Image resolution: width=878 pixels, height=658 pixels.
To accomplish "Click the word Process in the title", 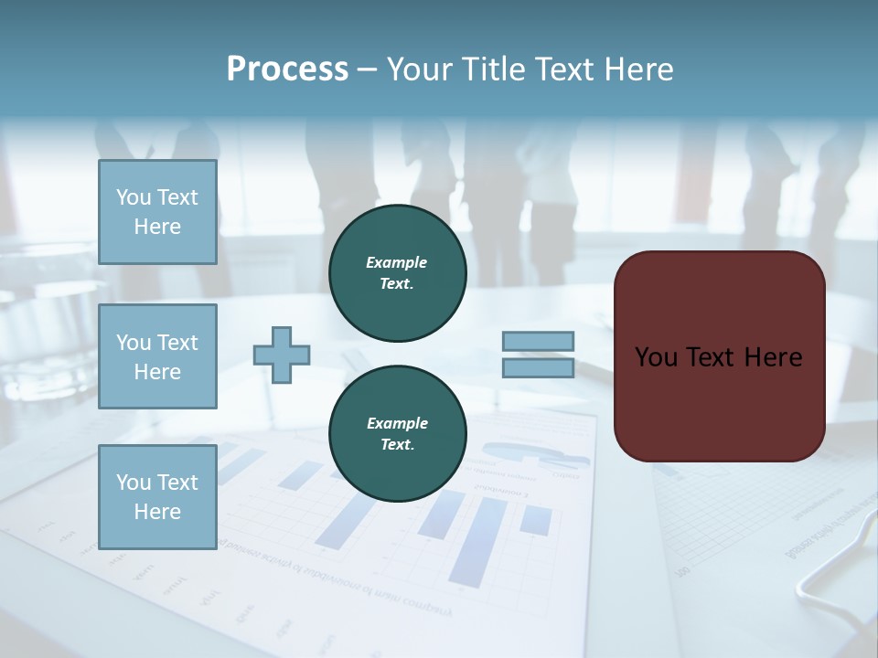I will [x=287, y=69].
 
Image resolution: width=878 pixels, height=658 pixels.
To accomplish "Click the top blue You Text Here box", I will [x=157, y=212].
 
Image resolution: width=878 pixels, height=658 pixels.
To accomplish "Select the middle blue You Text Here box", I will [x=157, y=356].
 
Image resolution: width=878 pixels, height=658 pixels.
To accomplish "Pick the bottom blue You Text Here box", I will [x=157, y=496].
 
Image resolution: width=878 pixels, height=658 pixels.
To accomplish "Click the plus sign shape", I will [x=282, y=355].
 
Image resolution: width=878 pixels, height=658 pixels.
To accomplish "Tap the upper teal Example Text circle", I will [x=397, y=272].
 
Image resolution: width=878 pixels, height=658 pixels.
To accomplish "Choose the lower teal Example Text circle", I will [x=397, y=433].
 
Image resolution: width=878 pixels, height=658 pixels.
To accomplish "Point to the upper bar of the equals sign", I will [x=538, y=342].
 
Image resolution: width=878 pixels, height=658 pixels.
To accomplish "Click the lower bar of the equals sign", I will [x=538, y=367].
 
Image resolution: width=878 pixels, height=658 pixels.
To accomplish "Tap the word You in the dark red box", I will [x=655, y=357].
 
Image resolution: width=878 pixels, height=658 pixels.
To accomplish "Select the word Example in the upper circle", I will [x=397, y=262].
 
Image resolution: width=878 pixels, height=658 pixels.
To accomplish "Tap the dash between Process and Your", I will [x=368, y=70].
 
